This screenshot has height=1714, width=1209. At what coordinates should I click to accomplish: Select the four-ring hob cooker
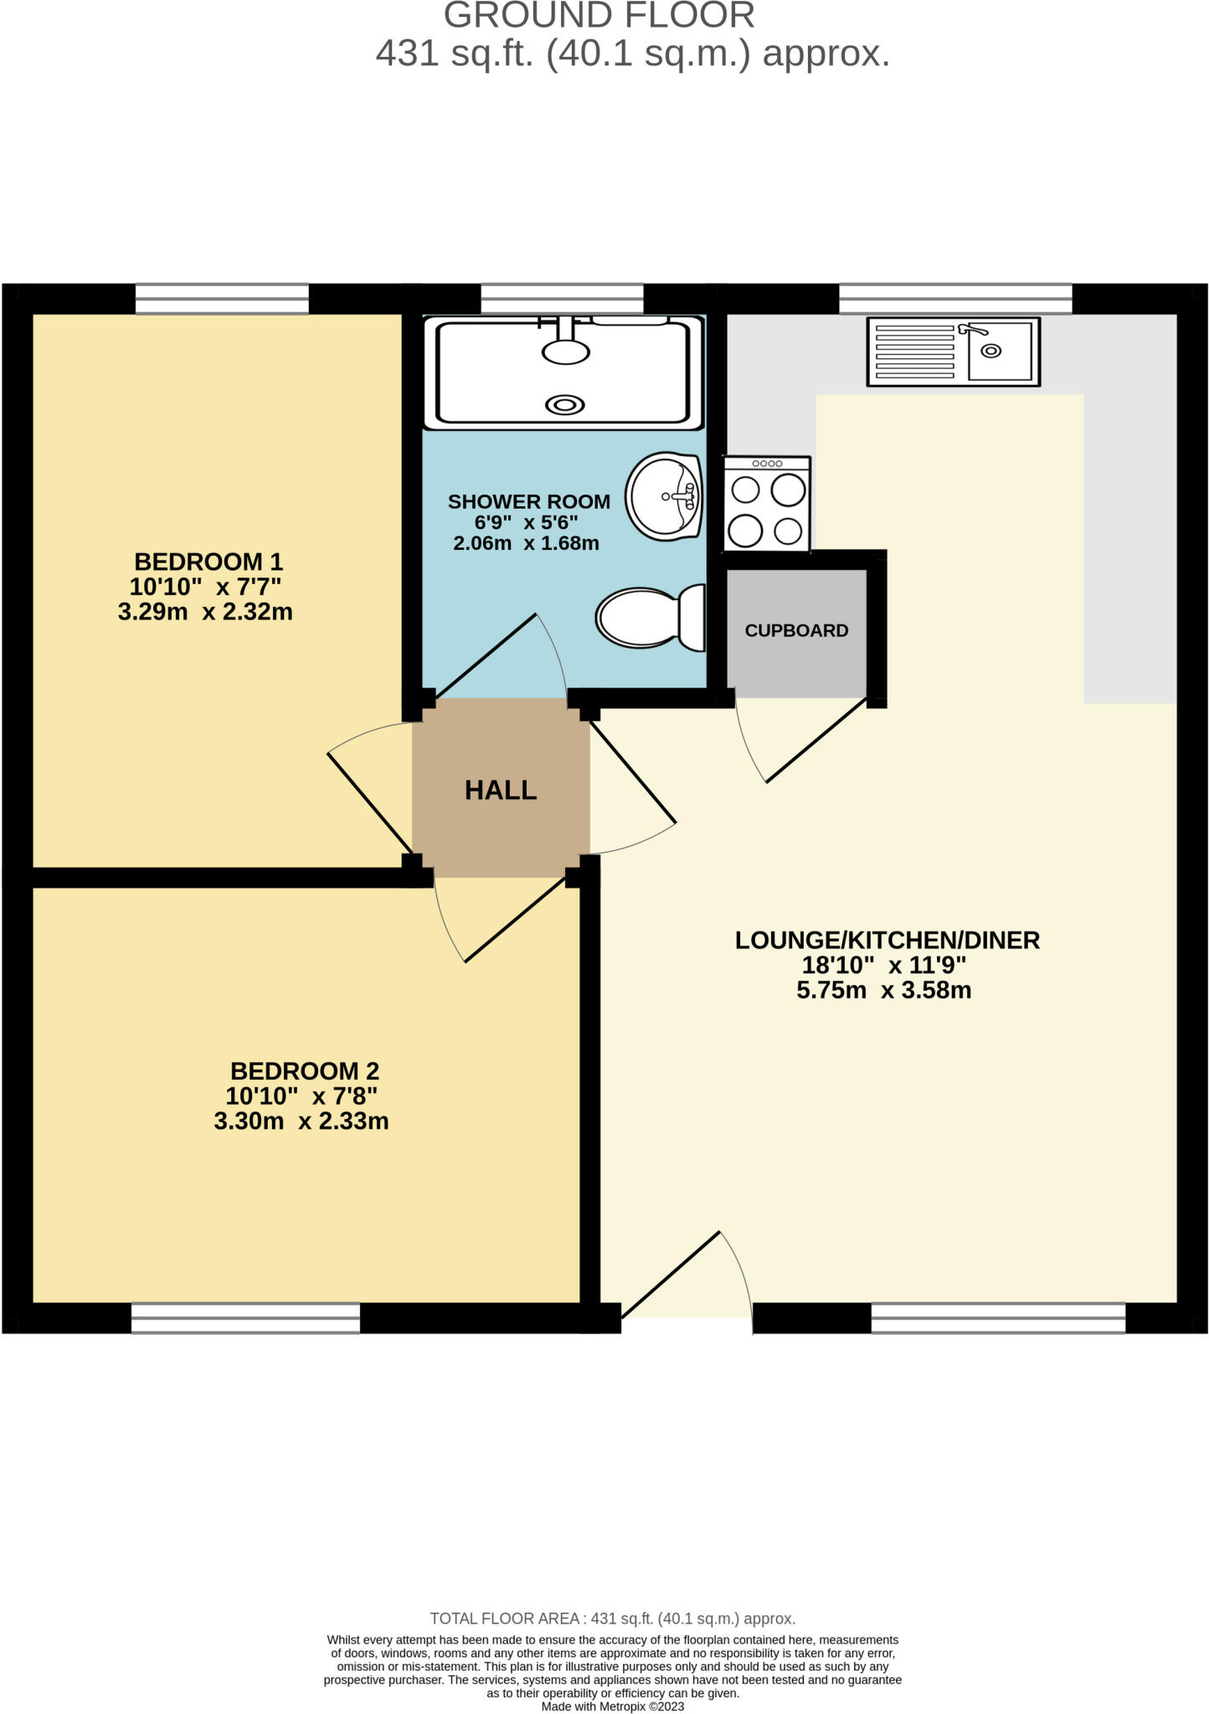pos(767,504)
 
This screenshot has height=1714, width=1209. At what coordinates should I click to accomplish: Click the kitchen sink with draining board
pos(953,352)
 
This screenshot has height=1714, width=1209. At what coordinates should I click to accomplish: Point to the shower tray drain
pos(565,405)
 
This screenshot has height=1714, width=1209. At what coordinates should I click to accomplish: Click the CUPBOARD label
pos(796,631)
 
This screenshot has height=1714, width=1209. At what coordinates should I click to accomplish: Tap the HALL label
pos(501,790)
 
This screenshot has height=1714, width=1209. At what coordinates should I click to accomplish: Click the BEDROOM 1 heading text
pos(208,561)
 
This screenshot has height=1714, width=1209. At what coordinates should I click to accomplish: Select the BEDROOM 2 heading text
pos(305,1070)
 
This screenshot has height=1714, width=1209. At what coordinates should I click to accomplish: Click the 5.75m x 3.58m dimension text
pos(883,991)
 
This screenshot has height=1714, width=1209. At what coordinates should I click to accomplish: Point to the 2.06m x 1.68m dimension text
pos(526,543)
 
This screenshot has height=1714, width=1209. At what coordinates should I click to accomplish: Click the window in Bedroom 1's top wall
pos(222,299)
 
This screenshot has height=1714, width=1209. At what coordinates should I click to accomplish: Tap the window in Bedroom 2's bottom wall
pos(245,1318)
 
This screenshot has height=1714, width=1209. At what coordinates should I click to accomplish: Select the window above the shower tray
pos(562,299)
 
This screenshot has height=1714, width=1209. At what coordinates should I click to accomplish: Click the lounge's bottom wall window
pos(998,1317)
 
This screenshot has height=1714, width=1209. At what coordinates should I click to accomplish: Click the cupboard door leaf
pos(816,741)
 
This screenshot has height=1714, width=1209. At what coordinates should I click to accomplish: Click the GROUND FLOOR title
pos(599,15)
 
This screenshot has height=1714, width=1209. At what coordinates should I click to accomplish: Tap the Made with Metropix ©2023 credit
pos(613,1706)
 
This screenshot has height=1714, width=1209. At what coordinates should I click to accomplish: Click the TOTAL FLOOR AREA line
pos(612,1619)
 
